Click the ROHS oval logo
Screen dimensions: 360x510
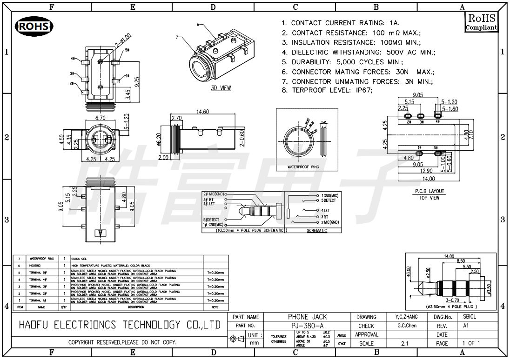34,27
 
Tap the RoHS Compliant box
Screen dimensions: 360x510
481,22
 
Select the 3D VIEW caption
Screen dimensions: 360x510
221,88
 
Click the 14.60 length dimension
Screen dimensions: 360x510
203,111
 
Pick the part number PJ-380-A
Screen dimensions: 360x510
307,326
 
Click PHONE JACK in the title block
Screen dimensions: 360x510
307,317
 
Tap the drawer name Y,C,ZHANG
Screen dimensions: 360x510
404,317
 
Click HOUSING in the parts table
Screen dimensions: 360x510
36,265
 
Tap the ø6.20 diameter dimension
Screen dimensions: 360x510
159,140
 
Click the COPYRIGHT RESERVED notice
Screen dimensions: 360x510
122,343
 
